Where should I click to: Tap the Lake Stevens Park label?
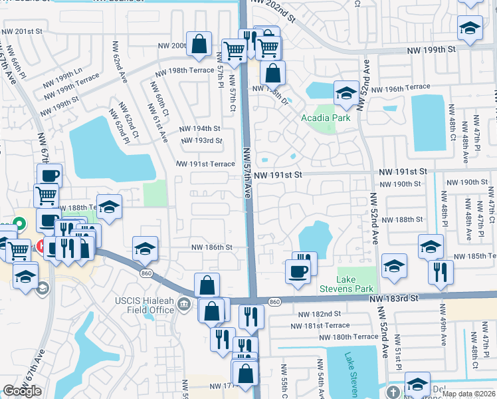click(x=355, y=285)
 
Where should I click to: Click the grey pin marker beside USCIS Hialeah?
click(x=185, y=305)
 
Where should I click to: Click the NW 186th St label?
click(x=211, y=247)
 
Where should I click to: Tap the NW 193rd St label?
click(x=204, y=140)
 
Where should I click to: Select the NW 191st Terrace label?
click(x=205, y=164)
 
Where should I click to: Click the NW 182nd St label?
click(x=319, y=313)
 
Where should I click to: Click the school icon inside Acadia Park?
click(x=346, y=94)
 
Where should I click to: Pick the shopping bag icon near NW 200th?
click(x=199, y=44)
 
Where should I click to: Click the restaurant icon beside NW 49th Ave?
click(x=441, y=271)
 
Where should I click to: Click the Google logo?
click(x=22, y=391)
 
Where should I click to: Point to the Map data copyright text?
click(x=468, y=394)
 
